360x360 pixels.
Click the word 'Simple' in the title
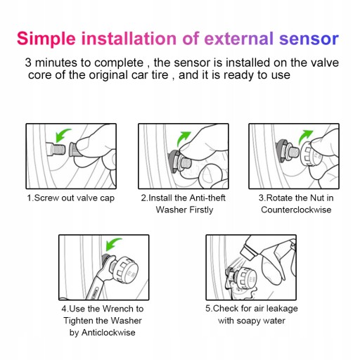pyautogui.click(x=46, y=39)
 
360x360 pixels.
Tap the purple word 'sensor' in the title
pyautogui.click(x=309, y=39)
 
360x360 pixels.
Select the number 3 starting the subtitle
pyautogui.click(x=28, y=63)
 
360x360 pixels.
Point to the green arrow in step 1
pyautogui.click(x=62, y=135)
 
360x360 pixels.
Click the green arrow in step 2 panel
pyautogui.click(x=183, y=139)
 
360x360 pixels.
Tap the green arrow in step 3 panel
pyautogui.click(x=304, y=137)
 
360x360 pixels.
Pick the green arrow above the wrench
pyautogui.click(x=112, y=245)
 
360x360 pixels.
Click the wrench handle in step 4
pyautogui.click(x=94, y=288)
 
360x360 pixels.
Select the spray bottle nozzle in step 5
pyautogui.click(x=248, y=252)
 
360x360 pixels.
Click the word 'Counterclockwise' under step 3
pyautogui.click(x=296, y=210)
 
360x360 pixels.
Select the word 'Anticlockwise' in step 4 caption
pyautogui.click(x=108, y=333)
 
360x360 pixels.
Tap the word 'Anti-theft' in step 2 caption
pyautogui.click(x=207, y=198)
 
